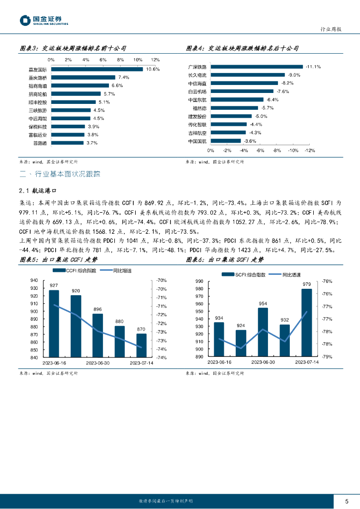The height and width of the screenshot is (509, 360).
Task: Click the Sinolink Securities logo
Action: coord(44,20)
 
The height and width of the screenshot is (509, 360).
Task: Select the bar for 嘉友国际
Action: coord(96,69)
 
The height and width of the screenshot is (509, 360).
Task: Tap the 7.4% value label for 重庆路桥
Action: coord(124,78)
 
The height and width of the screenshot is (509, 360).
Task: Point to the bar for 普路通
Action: coord(67,143)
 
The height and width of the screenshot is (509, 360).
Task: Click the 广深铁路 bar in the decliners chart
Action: coord(257,67)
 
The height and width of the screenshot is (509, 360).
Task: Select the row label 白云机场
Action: coord(197,91)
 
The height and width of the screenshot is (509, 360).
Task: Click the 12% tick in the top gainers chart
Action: coord(155,60)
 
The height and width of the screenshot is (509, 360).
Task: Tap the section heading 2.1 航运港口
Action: coord(42,190)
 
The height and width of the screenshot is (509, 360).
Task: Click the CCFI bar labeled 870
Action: coord(141,345)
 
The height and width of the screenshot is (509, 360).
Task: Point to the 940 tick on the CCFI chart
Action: coord(34,280)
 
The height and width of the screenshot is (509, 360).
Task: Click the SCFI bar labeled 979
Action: coord(306,323)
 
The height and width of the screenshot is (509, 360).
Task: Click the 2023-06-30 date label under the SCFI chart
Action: coord(263,362)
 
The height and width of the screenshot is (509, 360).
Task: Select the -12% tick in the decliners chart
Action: coord(309,150)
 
